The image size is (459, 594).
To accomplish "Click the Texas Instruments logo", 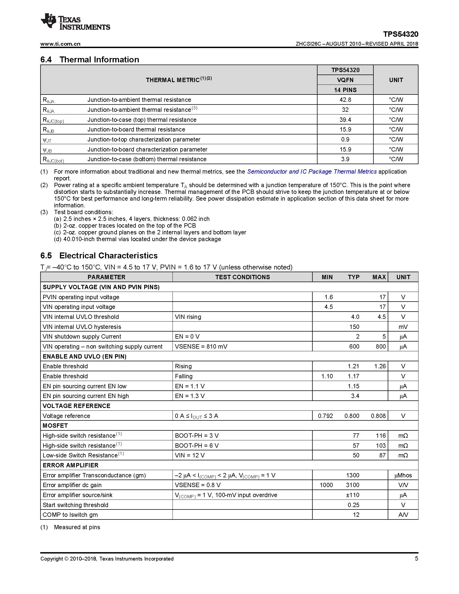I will point(75,21).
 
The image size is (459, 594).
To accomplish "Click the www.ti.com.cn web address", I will point(60,44).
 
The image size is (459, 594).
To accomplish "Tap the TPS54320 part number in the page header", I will point(400,34).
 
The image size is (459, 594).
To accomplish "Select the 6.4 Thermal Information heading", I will point(90,60).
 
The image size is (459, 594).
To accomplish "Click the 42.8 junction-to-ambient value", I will point(345,100).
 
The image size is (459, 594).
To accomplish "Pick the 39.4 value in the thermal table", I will point(345,120).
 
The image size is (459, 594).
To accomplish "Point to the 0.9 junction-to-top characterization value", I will point(345,140).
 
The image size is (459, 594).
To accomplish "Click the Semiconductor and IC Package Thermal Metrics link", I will point(312,172).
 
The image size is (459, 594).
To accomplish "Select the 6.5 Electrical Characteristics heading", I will point(99,256).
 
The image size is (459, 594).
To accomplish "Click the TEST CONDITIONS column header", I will point(242,277).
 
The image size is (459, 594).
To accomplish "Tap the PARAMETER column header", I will point(106,277).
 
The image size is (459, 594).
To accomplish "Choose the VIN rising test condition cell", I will point(188,317).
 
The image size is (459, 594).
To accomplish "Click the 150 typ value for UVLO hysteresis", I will point(354,327).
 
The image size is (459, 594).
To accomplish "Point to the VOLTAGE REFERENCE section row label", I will point(76,406).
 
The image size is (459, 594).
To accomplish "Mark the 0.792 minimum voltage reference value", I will point(325,416).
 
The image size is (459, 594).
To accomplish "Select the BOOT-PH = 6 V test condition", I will point(197,446).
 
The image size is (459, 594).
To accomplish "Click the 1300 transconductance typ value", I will point(353,475).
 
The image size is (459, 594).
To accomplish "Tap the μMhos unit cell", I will point(403,475).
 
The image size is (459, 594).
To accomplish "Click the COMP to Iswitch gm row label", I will point(70,515).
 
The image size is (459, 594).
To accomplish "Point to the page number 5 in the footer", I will point(416,559).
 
